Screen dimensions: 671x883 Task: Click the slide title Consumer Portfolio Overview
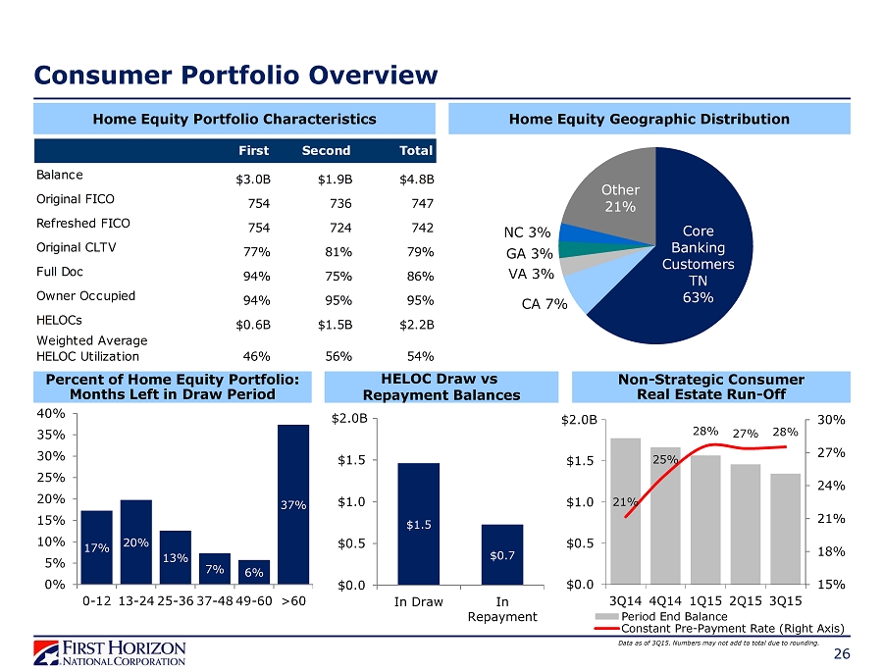235,75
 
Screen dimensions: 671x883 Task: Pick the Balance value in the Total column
417,180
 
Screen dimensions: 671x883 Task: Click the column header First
255,150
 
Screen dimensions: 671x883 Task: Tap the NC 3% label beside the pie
527,233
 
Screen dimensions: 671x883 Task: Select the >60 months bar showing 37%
293,503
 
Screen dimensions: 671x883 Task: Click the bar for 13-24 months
136,542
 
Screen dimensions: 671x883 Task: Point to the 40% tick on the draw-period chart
52,414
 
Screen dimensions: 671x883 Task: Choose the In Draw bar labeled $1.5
418,524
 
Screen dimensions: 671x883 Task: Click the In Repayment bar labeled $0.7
501,554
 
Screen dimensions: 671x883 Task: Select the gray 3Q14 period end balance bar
625,510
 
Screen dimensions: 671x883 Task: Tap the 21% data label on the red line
622,501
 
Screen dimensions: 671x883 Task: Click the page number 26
841,655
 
